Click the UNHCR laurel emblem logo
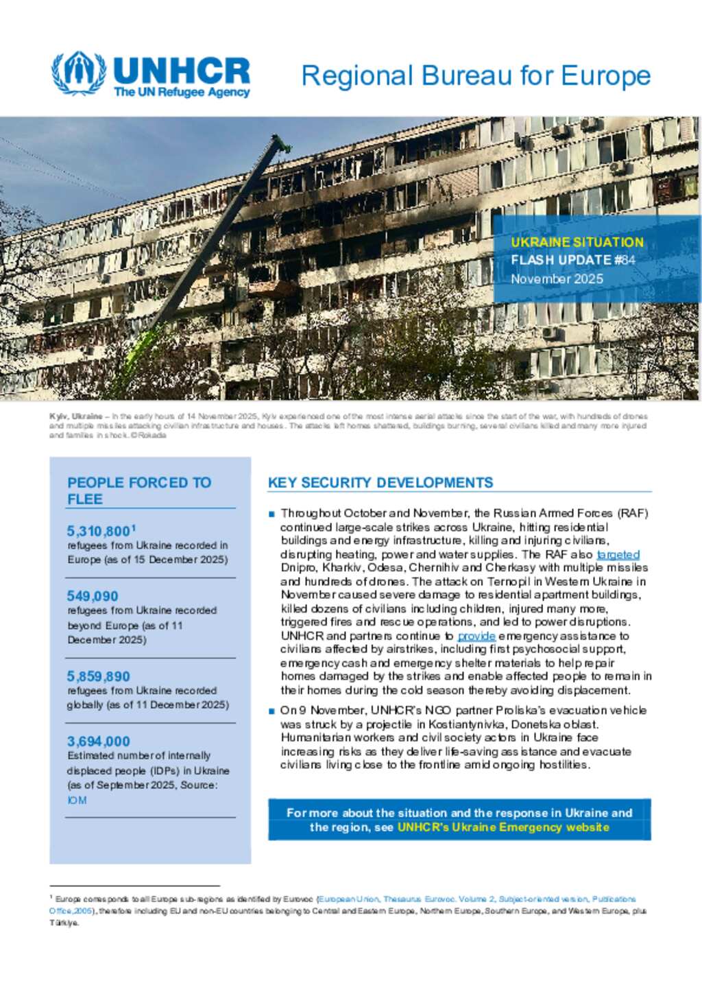[x=79, y=73]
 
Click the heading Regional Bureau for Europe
[x=476, y=76]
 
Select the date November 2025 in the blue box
[x=557, y=279]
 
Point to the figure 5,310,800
[x=99, y=531]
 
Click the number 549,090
[x=93, y=596]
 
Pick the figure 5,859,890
[x=99, y=676]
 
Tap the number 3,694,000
[x=99, y=741]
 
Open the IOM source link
[x=77, y=801]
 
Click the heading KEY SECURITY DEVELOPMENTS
[x=380, y=483]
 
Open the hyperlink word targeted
[x=618, y=554]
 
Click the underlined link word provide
[x=476, y=636]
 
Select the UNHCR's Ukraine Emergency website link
[x=503, y=827]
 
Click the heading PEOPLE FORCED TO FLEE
[x=139, y=490]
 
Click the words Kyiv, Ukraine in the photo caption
[x=75, y=416]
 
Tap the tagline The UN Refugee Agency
[x=182, y=93]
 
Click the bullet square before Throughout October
[x=272, y=514]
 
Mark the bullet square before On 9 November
[x=272, y=711]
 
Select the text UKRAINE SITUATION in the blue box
[x=577, y=242]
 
